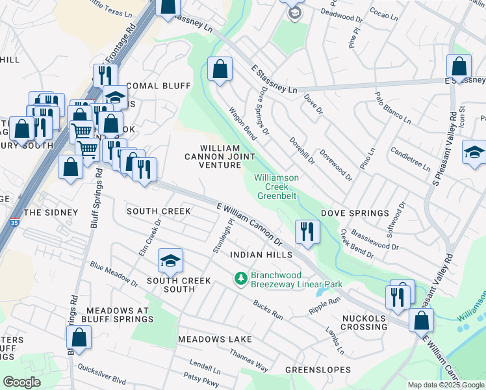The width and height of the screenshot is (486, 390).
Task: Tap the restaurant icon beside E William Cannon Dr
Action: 305,231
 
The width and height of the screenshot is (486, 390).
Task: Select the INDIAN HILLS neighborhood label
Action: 258,255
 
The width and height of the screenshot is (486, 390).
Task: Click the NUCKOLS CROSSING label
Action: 364,322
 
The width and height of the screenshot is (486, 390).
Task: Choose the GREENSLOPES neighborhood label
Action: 318,370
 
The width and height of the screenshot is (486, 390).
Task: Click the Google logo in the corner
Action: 21,382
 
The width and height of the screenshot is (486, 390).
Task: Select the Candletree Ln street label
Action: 410,159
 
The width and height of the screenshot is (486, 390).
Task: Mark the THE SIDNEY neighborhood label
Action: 51,213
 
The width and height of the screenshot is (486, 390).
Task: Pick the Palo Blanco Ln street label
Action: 392,108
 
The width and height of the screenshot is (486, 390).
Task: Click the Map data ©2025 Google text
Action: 445,385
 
